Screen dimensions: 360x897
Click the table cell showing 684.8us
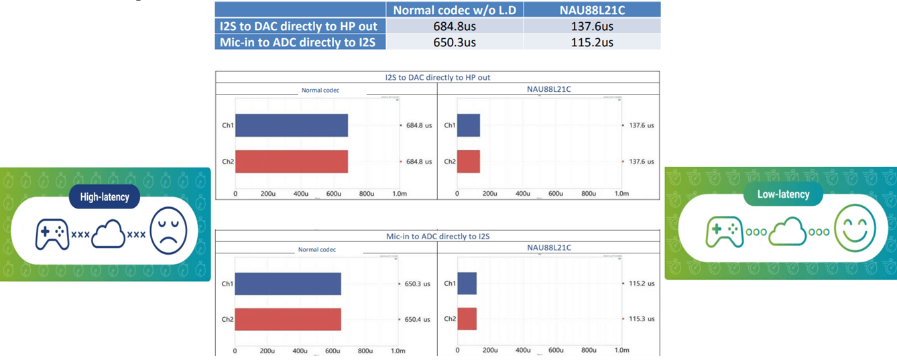(455, 26)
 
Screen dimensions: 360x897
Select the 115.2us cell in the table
(591, 42)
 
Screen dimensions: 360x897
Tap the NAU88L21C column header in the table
(591, 10)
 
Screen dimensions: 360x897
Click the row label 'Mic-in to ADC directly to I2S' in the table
(300, 42)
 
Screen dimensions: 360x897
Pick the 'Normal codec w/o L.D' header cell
(455, 10)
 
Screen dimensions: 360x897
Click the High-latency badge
(104, 196)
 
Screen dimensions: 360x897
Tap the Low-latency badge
(783, 194)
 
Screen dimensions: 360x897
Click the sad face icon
(169, 232)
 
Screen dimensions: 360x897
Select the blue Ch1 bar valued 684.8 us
(291, 125)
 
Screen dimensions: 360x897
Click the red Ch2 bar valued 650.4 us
(288, 319)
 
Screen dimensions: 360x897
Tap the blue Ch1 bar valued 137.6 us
(469, 125)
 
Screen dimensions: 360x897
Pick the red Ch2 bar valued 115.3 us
(467, 319)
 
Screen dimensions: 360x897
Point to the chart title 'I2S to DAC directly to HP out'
(437, 77)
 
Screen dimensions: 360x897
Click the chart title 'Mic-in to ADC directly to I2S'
(437, 236)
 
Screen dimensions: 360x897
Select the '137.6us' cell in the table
(591, 26)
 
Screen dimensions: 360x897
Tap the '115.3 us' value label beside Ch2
(641, 319)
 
